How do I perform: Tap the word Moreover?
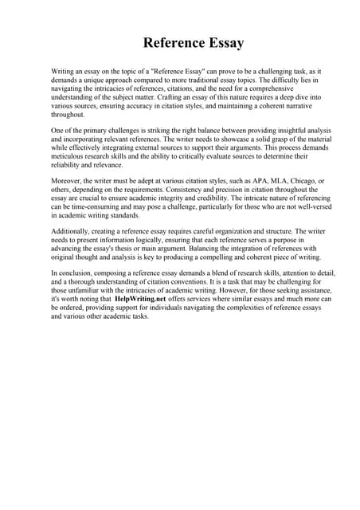(69, 182)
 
